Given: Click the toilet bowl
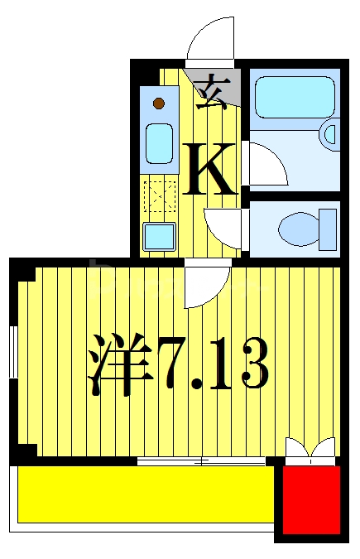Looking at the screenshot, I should pyautogui.click(x=298, y=226).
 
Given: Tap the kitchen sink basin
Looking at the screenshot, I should pyautogui.click(x=159, y=142).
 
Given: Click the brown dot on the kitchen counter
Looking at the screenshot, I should pyautogui.click(x=158, y=104).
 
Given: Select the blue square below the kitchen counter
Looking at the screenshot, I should pyautogui.click(x=159, y=237).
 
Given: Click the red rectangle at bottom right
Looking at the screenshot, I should pyautogui.click(x=311, y=499).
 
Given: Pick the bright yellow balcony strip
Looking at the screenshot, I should pyautogui.click(x=145, y=494).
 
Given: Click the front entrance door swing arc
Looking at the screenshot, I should pyautogui.click(x=210, y=41).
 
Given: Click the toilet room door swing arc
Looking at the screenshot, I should pyautogui.click(x=223, y=224).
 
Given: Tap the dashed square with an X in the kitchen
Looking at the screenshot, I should pyautogui.click(x=159, y=197).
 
